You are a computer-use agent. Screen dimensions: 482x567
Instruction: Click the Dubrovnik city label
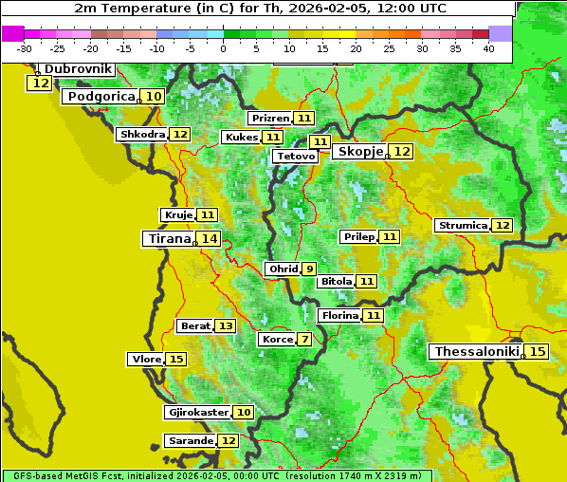[79, 69]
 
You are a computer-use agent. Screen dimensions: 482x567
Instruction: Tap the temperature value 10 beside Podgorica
[154, 97]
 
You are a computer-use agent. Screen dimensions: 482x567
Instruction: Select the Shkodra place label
[142, 135]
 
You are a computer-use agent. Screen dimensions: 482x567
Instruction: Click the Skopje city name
[360, 152]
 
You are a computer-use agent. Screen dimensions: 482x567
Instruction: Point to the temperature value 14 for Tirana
[209, 239]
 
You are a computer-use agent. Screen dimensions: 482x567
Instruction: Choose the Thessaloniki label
[476, 352]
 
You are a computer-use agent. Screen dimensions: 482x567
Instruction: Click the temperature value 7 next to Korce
[304, 340]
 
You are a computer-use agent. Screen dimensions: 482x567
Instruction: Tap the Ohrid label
[283, 269]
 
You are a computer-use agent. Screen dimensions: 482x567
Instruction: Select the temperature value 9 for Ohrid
[309, 269]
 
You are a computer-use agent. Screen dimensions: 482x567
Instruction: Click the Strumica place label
[463, 226]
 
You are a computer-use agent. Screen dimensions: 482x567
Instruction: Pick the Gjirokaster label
[197, 413]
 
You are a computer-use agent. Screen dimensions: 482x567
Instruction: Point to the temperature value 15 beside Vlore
[176, 360]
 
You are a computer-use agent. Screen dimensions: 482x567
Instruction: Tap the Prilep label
[359, 236]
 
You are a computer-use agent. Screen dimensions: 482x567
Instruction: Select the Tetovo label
[295, 156]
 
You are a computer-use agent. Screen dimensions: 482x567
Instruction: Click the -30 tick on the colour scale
[25, 48]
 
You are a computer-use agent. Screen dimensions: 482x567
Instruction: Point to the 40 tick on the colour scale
[488, 48]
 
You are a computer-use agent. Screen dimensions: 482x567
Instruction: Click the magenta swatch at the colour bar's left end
[12, 33]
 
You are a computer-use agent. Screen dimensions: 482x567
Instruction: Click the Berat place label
[195, 326]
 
